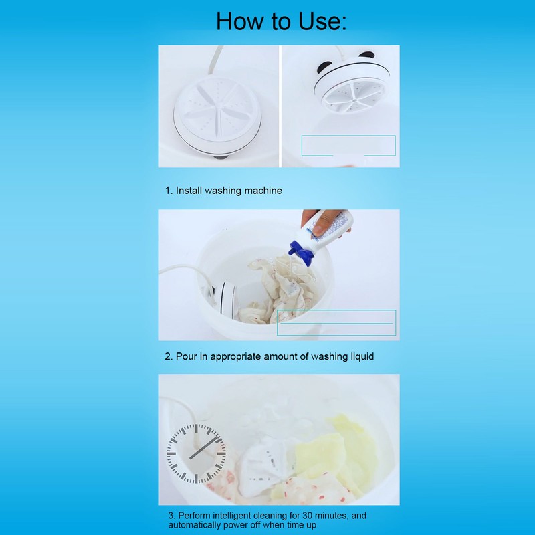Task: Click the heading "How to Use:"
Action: pos(282,21)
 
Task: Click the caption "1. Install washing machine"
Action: pos(223,191)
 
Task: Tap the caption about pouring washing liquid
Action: pos(270,356)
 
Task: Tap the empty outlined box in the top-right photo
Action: pos(348,145)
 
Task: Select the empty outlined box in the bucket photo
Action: pos(336,322)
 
